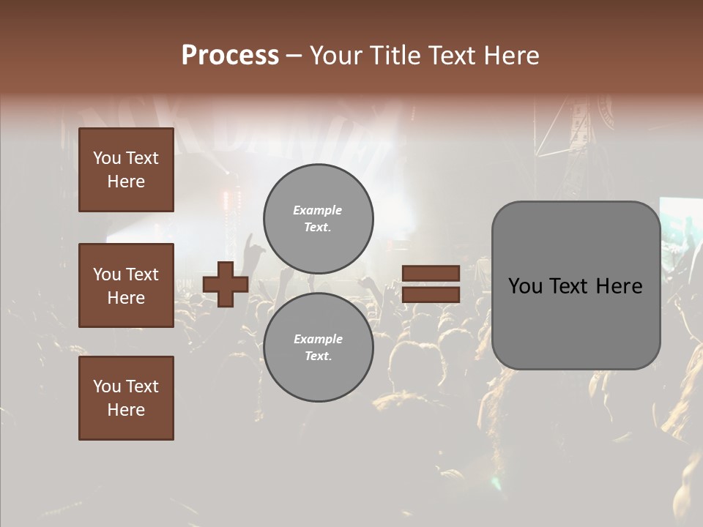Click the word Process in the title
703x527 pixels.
(230, 56)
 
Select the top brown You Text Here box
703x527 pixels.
(126, 170)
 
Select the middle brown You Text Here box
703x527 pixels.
(126, 285)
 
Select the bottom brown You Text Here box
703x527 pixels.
(126, 398)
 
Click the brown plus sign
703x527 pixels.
(226, 284)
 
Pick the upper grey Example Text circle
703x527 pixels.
(319, 218)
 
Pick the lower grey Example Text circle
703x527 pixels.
(319, 348)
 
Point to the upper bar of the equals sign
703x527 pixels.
(431, 274)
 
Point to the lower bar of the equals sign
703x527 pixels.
(431, 294)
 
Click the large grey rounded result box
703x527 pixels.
(576, 285)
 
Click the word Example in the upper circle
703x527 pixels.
(318, 210)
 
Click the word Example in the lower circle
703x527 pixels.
(318, 339)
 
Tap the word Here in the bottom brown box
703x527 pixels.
(126, 410)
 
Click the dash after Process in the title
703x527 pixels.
(294, 56)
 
